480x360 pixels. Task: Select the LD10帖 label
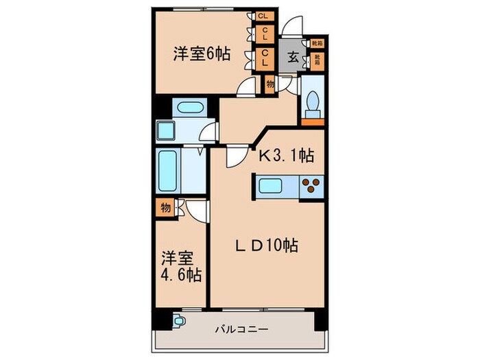[267, 245]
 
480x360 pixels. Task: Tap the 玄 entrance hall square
[292, 58]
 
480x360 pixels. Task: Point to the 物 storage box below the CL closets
[269, 84]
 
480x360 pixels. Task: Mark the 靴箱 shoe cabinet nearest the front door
[316, 43]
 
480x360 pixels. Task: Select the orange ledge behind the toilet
[313, 122]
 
